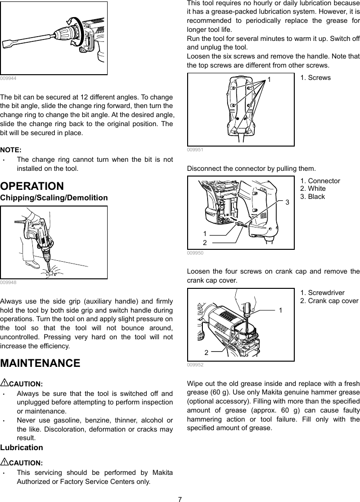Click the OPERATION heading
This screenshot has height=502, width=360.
coord(32,186)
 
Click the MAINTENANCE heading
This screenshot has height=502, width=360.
coord(40,363)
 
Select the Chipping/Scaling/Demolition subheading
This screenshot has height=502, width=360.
coord(54,197)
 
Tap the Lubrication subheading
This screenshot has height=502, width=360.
coord(21,447)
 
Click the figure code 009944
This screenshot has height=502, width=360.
coord(7,78)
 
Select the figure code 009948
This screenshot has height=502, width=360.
coord(7,282)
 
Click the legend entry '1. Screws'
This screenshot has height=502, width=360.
coord(315,77)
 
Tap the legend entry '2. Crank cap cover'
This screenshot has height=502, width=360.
coord(329,301)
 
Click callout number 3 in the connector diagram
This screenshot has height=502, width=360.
coord(287,203)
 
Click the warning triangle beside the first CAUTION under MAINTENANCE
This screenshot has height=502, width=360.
coord(4,383)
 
